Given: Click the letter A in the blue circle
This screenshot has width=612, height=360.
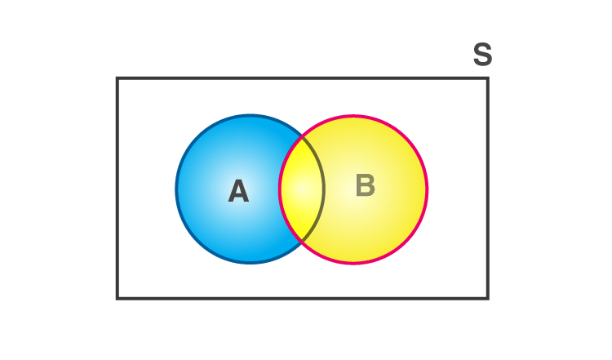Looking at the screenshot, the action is tap(238, 191).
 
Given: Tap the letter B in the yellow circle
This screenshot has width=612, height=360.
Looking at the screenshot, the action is tap(366, 184).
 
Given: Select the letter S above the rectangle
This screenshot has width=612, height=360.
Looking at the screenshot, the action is tap(482, 54).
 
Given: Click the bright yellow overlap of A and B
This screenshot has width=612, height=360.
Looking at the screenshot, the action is tap(301, 189).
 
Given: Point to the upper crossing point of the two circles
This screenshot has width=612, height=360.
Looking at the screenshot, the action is tap(302, 136).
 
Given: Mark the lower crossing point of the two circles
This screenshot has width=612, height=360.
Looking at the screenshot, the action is tap(302, 241).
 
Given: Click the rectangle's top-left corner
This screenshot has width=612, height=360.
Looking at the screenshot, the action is tap(117, 78).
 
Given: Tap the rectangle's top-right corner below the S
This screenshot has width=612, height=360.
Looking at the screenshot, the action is tap(488, 78).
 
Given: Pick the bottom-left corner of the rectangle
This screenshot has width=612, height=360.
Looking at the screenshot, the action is tap(117, 299).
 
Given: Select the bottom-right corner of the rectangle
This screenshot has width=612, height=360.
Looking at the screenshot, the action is tap(488, 299).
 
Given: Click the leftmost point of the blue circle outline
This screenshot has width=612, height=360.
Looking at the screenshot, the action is tap(176, 189).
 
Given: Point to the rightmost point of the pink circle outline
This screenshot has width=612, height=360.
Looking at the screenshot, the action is tap(427, 189).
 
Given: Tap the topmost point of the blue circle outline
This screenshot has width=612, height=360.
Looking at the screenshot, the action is tap(250, 115).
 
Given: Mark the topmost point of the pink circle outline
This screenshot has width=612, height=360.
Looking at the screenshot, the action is tap(353, 116).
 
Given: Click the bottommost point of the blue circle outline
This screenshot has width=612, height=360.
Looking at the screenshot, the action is tap(250, 263).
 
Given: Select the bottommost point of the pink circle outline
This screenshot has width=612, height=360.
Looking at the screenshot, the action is tap(353, 264).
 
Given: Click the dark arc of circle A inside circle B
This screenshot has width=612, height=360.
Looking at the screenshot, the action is tap(324, 189).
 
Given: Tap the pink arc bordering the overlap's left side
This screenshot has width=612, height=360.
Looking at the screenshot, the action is tap(280, 189).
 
